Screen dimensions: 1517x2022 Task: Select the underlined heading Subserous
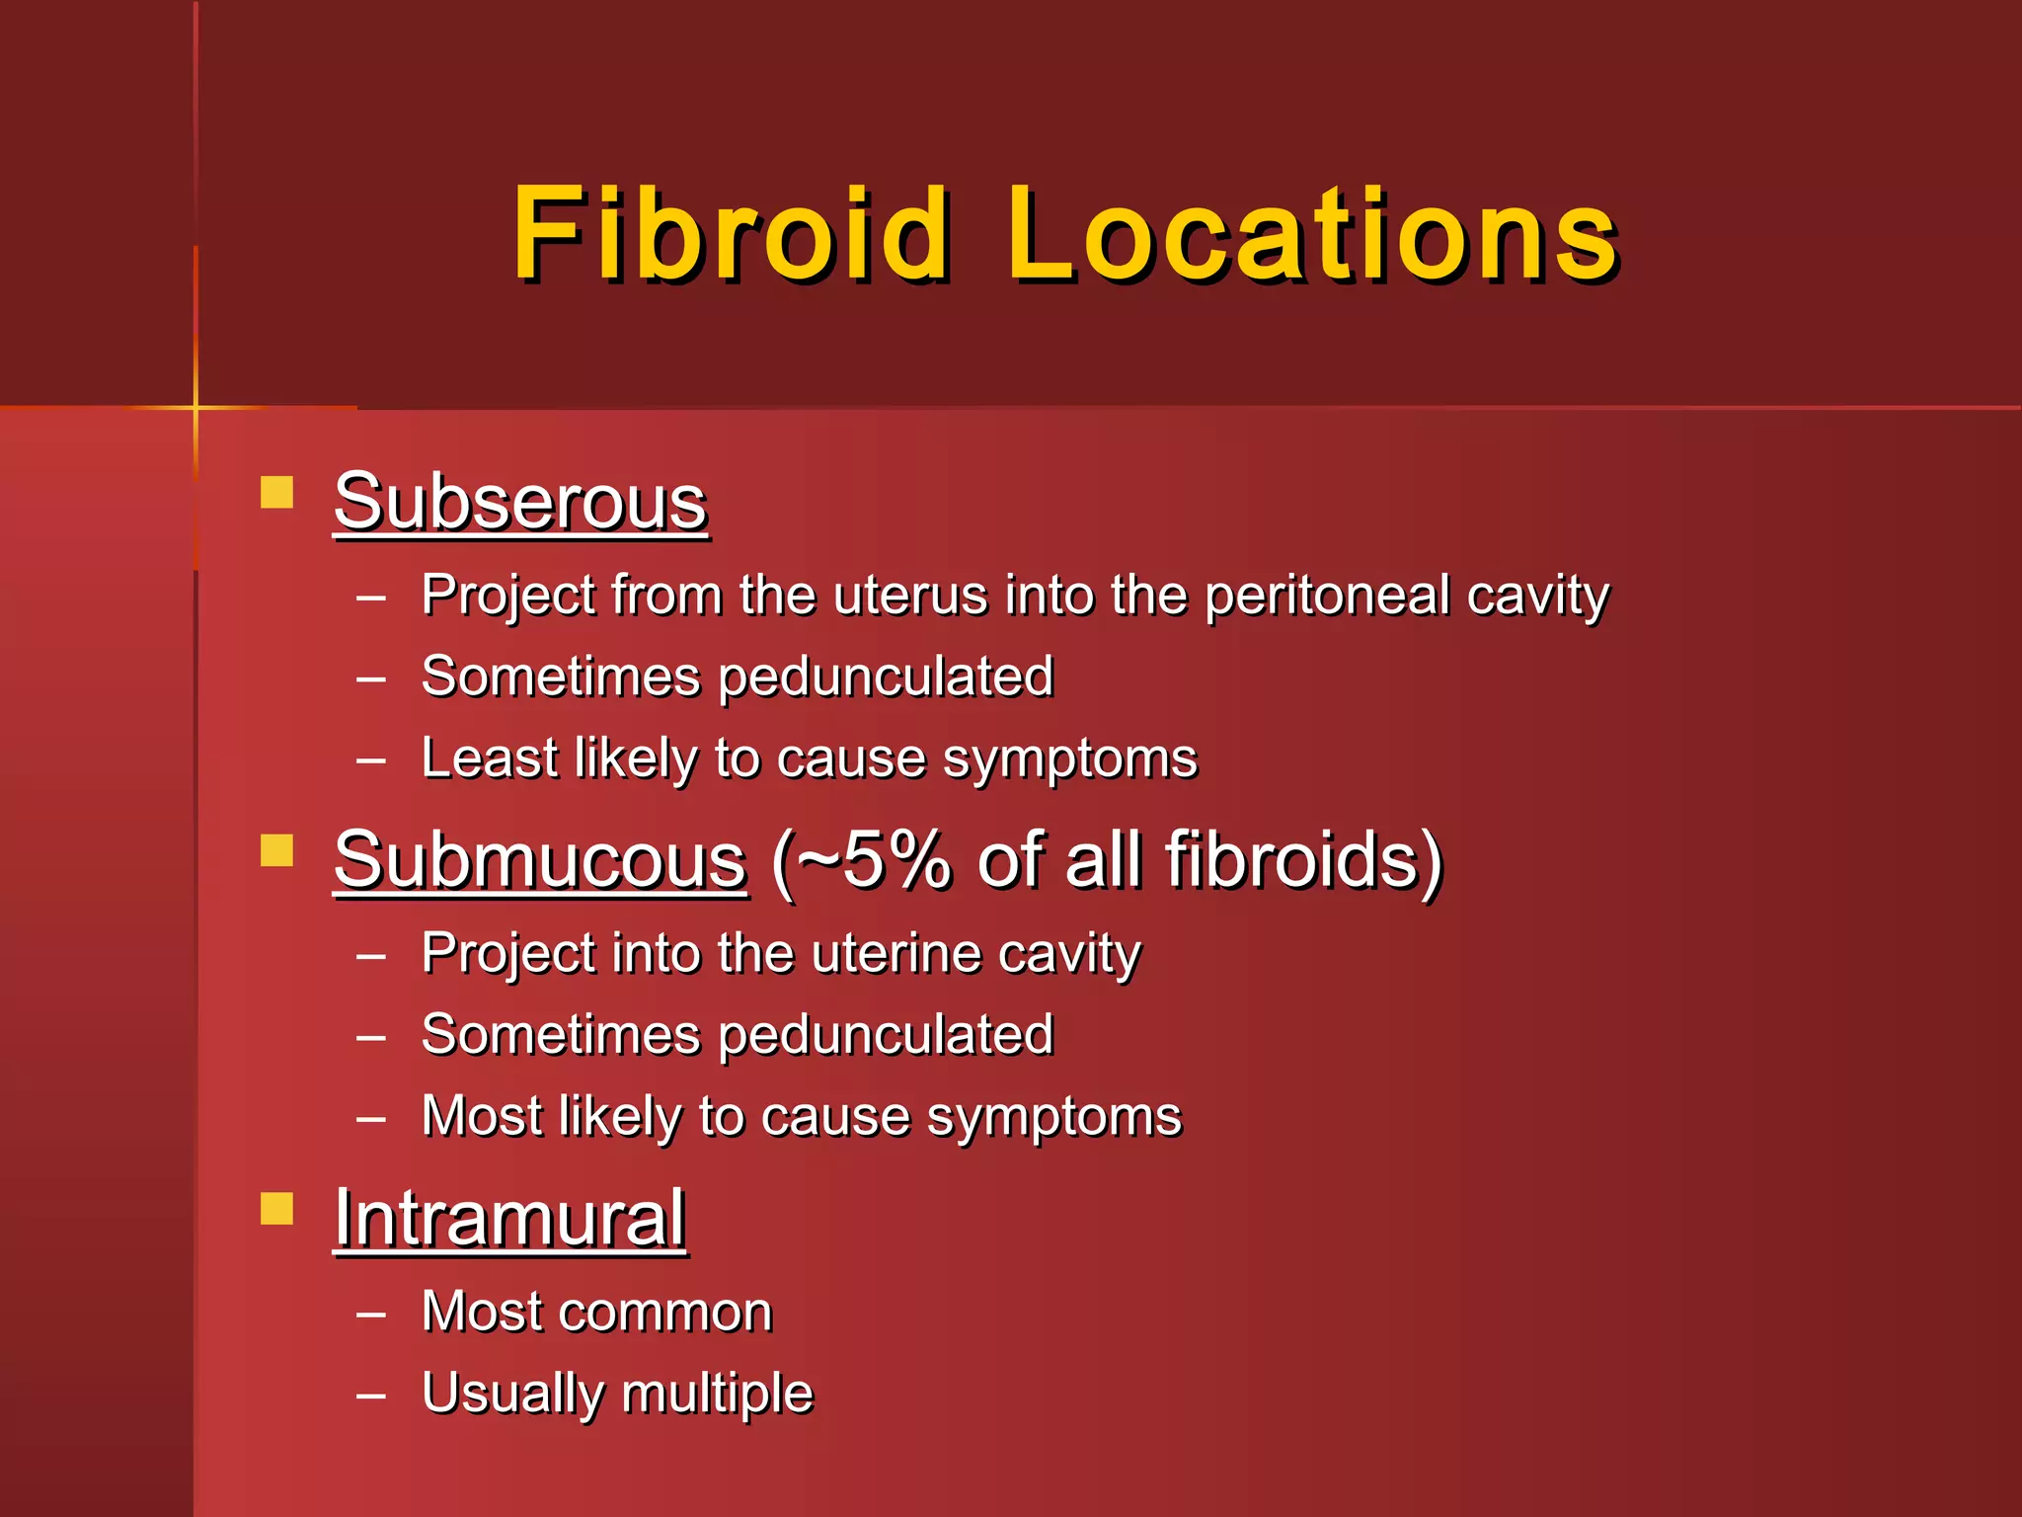[520, 502]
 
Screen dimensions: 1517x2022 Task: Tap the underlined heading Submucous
[540, 860]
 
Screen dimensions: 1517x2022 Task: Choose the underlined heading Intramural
[509, 1219]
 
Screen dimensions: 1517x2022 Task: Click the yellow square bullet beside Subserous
[277, 492]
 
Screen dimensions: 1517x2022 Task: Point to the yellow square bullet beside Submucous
[277, 850]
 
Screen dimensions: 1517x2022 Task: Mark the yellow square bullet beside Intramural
[277, 1209]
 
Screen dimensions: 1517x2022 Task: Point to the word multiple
[717, 1394]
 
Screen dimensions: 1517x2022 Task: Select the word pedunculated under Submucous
[886, 1035]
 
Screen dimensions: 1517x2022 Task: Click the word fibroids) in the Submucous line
[1304, 860]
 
